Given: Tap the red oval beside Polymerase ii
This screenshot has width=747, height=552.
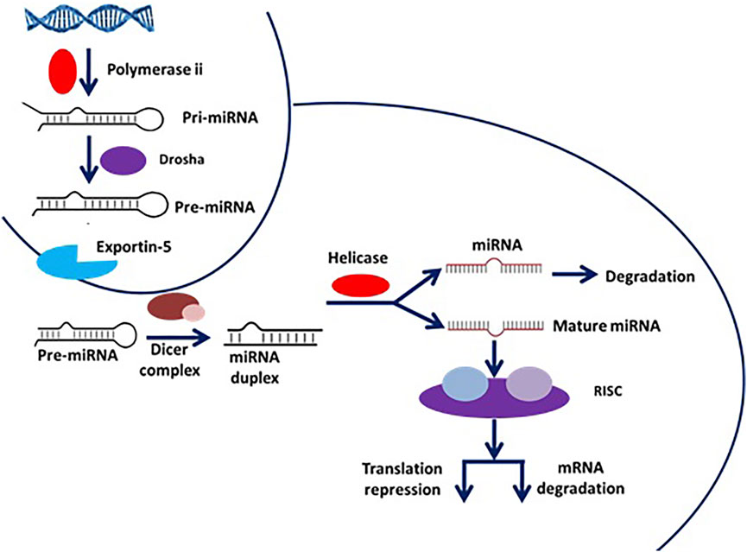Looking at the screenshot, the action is click(x=63, y=71).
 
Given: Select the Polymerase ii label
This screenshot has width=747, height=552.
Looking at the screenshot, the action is click(x=155, y=70).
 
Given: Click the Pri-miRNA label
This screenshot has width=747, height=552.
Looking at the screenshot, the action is click(x=220, y=117).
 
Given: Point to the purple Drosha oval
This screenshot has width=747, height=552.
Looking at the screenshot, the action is click(x=123, y=160).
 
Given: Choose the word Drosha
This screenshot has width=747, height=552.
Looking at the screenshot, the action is click(x=181, y=159).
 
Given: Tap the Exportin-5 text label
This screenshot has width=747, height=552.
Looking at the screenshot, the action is click(x=134, y=247).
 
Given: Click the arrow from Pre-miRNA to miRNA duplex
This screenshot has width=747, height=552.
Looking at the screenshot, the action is click(x=178, y=338).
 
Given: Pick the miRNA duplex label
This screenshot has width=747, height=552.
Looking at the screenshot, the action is click(x=255, y=367).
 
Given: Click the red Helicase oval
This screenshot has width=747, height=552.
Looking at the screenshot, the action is click(x=361, y=286).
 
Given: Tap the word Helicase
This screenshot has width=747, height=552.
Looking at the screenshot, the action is click(x=358, y=258).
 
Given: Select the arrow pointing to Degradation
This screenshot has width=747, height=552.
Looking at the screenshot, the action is click(x=574, y=275).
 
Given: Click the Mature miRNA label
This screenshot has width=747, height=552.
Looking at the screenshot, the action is click(x=606, y=326).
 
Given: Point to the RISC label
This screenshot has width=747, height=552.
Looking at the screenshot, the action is click(x=608, y=392).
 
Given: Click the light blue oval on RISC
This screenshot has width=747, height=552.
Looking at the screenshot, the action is click(x=465, y=384).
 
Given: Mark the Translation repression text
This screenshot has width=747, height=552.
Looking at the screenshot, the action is click(x=402, y=479).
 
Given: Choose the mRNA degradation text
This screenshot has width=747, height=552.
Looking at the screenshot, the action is click(x=580, y=478).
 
